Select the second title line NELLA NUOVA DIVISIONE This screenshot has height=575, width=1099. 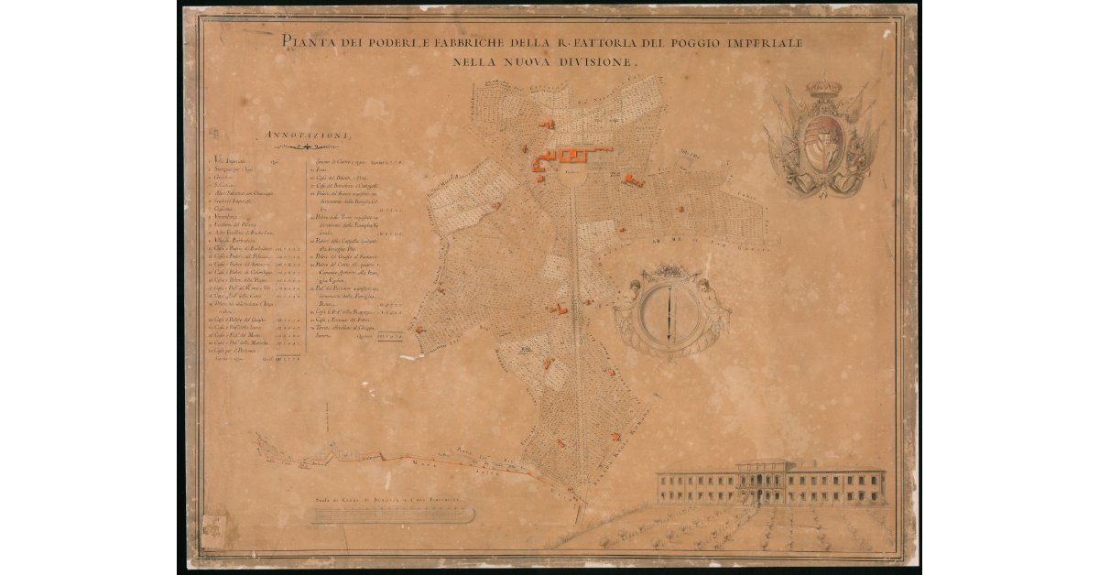[549, 62]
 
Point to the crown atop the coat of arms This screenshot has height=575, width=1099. [822, 89]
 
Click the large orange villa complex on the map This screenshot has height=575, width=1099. [572, 157]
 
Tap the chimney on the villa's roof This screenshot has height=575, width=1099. [764, 461]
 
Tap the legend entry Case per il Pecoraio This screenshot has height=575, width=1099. [236, 351]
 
